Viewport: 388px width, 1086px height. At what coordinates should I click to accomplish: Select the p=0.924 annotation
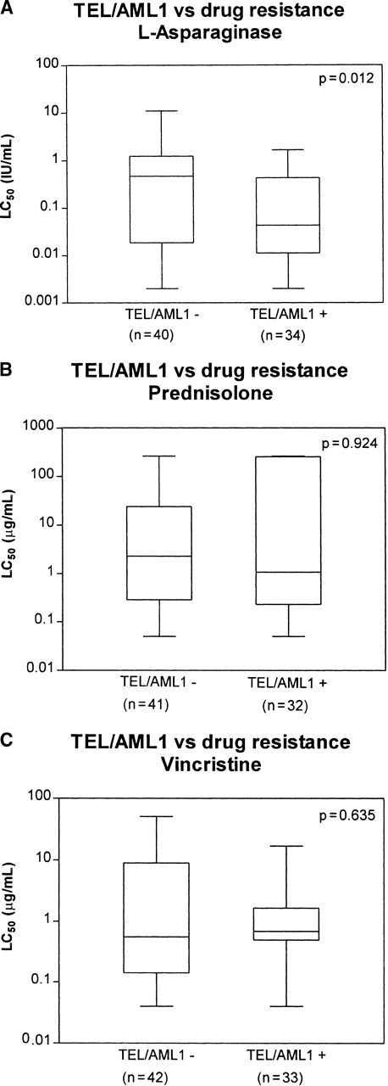[x=342, y=443]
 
